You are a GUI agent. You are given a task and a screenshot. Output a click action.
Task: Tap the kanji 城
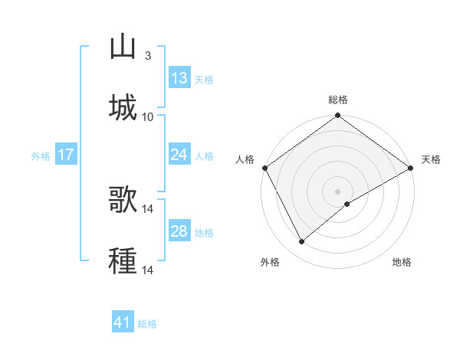(x=123, y=107)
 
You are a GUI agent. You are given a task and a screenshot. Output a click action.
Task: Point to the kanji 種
(x=123, y=260)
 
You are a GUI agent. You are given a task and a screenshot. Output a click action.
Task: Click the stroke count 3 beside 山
(x=147, y=56)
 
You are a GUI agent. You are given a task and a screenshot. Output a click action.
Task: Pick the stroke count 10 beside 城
(x=148, y=116)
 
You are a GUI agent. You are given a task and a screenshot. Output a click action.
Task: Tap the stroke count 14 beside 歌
(x=149, y=209)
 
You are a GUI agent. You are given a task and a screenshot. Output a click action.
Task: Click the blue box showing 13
(x=179, y=78)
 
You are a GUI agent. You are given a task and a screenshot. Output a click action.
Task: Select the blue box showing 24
(x=179, y=155)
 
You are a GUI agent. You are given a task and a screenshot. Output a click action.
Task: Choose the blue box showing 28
(x=179, y=231)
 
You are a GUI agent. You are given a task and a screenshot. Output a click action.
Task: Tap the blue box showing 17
(x=66, y=155)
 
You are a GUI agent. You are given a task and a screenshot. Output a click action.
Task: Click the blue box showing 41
(x=123, y=322)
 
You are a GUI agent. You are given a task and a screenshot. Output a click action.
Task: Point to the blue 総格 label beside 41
(x=147, y=324)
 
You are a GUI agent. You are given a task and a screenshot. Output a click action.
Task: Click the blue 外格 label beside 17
(x=41, y=156)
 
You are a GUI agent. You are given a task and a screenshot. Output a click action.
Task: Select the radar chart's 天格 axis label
(x=431, y=159)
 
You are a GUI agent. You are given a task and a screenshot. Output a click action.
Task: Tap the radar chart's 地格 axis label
(x=402, y=262)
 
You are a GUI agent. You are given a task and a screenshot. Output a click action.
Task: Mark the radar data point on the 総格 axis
(x=337, y=116)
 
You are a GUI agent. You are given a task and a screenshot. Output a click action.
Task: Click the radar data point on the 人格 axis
(x=264, y=168)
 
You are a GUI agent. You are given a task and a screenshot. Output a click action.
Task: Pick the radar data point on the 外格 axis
(x=302, y=242)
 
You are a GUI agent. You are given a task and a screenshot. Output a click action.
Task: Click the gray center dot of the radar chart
(x=337, y=191)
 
